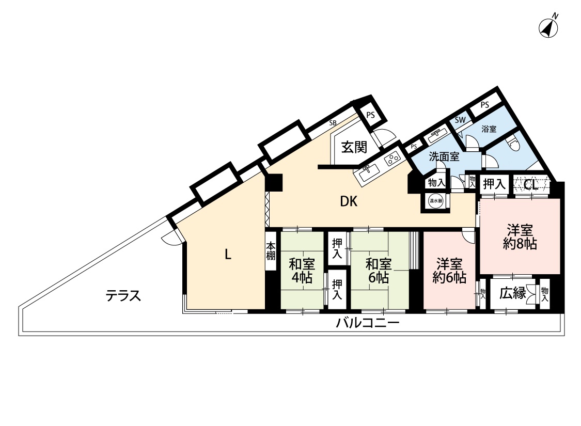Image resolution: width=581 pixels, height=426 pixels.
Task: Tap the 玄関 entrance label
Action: tap(354, 147)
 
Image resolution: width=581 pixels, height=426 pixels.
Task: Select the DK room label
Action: tap(349, 201)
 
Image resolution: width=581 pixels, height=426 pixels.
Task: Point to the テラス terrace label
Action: tap(123, 295)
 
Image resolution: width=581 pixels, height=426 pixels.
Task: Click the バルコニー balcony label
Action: tap(368, 323)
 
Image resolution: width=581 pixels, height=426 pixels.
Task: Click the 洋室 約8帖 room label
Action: tap(520, 236)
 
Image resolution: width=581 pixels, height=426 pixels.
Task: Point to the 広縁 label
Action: tap(513, 293)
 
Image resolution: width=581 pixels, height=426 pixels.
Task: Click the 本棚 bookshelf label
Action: tap(271, 251)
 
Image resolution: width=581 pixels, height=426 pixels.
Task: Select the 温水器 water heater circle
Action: tap(435, 201)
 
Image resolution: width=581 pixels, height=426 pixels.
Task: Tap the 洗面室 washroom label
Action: tap(444, 156)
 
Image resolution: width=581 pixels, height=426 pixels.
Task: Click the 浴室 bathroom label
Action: tap(489, 129)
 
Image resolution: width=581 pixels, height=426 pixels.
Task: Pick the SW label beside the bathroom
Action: tap(460, 120)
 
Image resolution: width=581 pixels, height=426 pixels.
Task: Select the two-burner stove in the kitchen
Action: tap(392, 159)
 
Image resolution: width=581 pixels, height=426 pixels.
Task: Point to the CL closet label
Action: tap(531, 184)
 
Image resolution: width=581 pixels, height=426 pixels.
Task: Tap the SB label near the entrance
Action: tap(333, 122)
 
